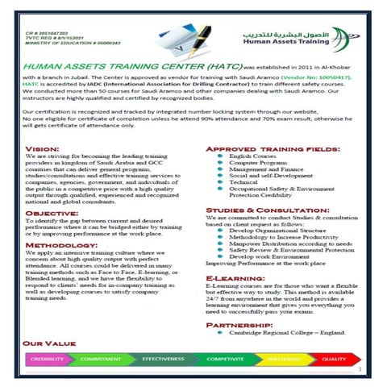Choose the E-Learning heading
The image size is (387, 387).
(231, 277)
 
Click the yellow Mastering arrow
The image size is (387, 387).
(283, 360)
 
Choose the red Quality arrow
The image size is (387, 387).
(334, 360)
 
